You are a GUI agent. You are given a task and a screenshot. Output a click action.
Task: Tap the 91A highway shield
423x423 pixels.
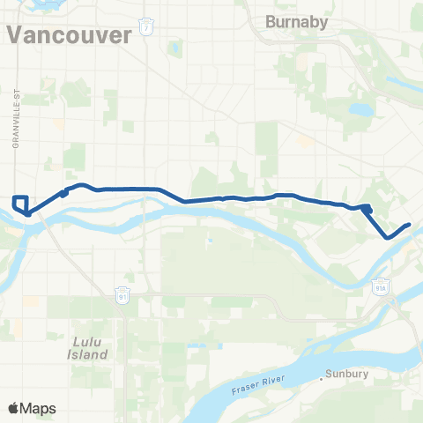[x=381, y=285]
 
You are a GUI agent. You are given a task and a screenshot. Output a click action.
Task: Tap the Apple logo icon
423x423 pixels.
[x=14, y=408]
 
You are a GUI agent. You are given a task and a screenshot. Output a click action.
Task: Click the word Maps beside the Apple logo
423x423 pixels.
[x=40, y=408]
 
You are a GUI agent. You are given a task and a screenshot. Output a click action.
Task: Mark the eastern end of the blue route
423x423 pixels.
[x=410, y=225]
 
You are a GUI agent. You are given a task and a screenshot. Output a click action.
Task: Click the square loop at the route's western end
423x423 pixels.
[x=21, y=203]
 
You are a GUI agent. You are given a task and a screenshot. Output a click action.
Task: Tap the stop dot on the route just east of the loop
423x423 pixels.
[x=63, y=193]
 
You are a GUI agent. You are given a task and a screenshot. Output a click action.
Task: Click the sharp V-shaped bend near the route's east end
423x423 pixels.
[x=388, y=236]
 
